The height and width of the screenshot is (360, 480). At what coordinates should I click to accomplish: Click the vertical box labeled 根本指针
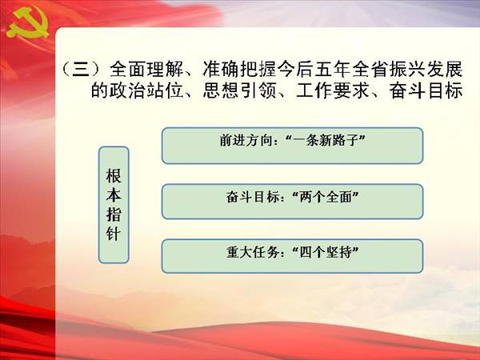pos(114,205)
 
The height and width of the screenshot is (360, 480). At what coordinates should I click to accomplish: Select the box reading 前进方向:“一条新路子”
pos(292,146)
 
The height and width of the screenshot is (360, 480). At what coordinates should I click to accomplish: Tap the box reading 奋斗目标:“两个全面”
pos(292,202)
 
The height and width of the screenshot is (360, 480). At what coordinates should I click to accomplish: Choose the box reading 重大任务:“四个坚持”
pos(292,256)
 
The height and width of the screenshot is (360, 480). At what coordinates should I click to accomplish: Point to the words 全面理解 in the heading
pos(146,69)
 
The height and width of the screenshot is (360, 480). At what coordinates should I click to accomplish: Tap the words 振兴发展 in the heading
pos(426,69)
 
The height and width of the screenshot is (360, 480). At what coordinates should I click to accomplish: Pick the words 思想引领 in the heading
pos(240,90)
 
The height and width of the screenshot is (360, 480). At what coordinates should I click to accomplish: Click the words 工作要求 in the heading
pos(333,90)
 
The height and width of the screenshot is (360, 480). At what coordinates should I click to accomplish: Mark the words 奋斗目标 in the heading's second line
pos(426,90)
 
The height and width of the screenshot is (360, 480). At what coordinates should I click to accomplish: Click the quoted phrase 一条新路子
pos(325,141)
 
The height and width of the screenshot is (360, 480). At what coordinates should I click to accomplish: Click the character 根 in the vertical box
pos(114,176)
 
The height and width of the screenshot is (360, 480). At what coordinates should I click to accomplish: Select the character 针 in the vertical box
pos(114,234)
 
